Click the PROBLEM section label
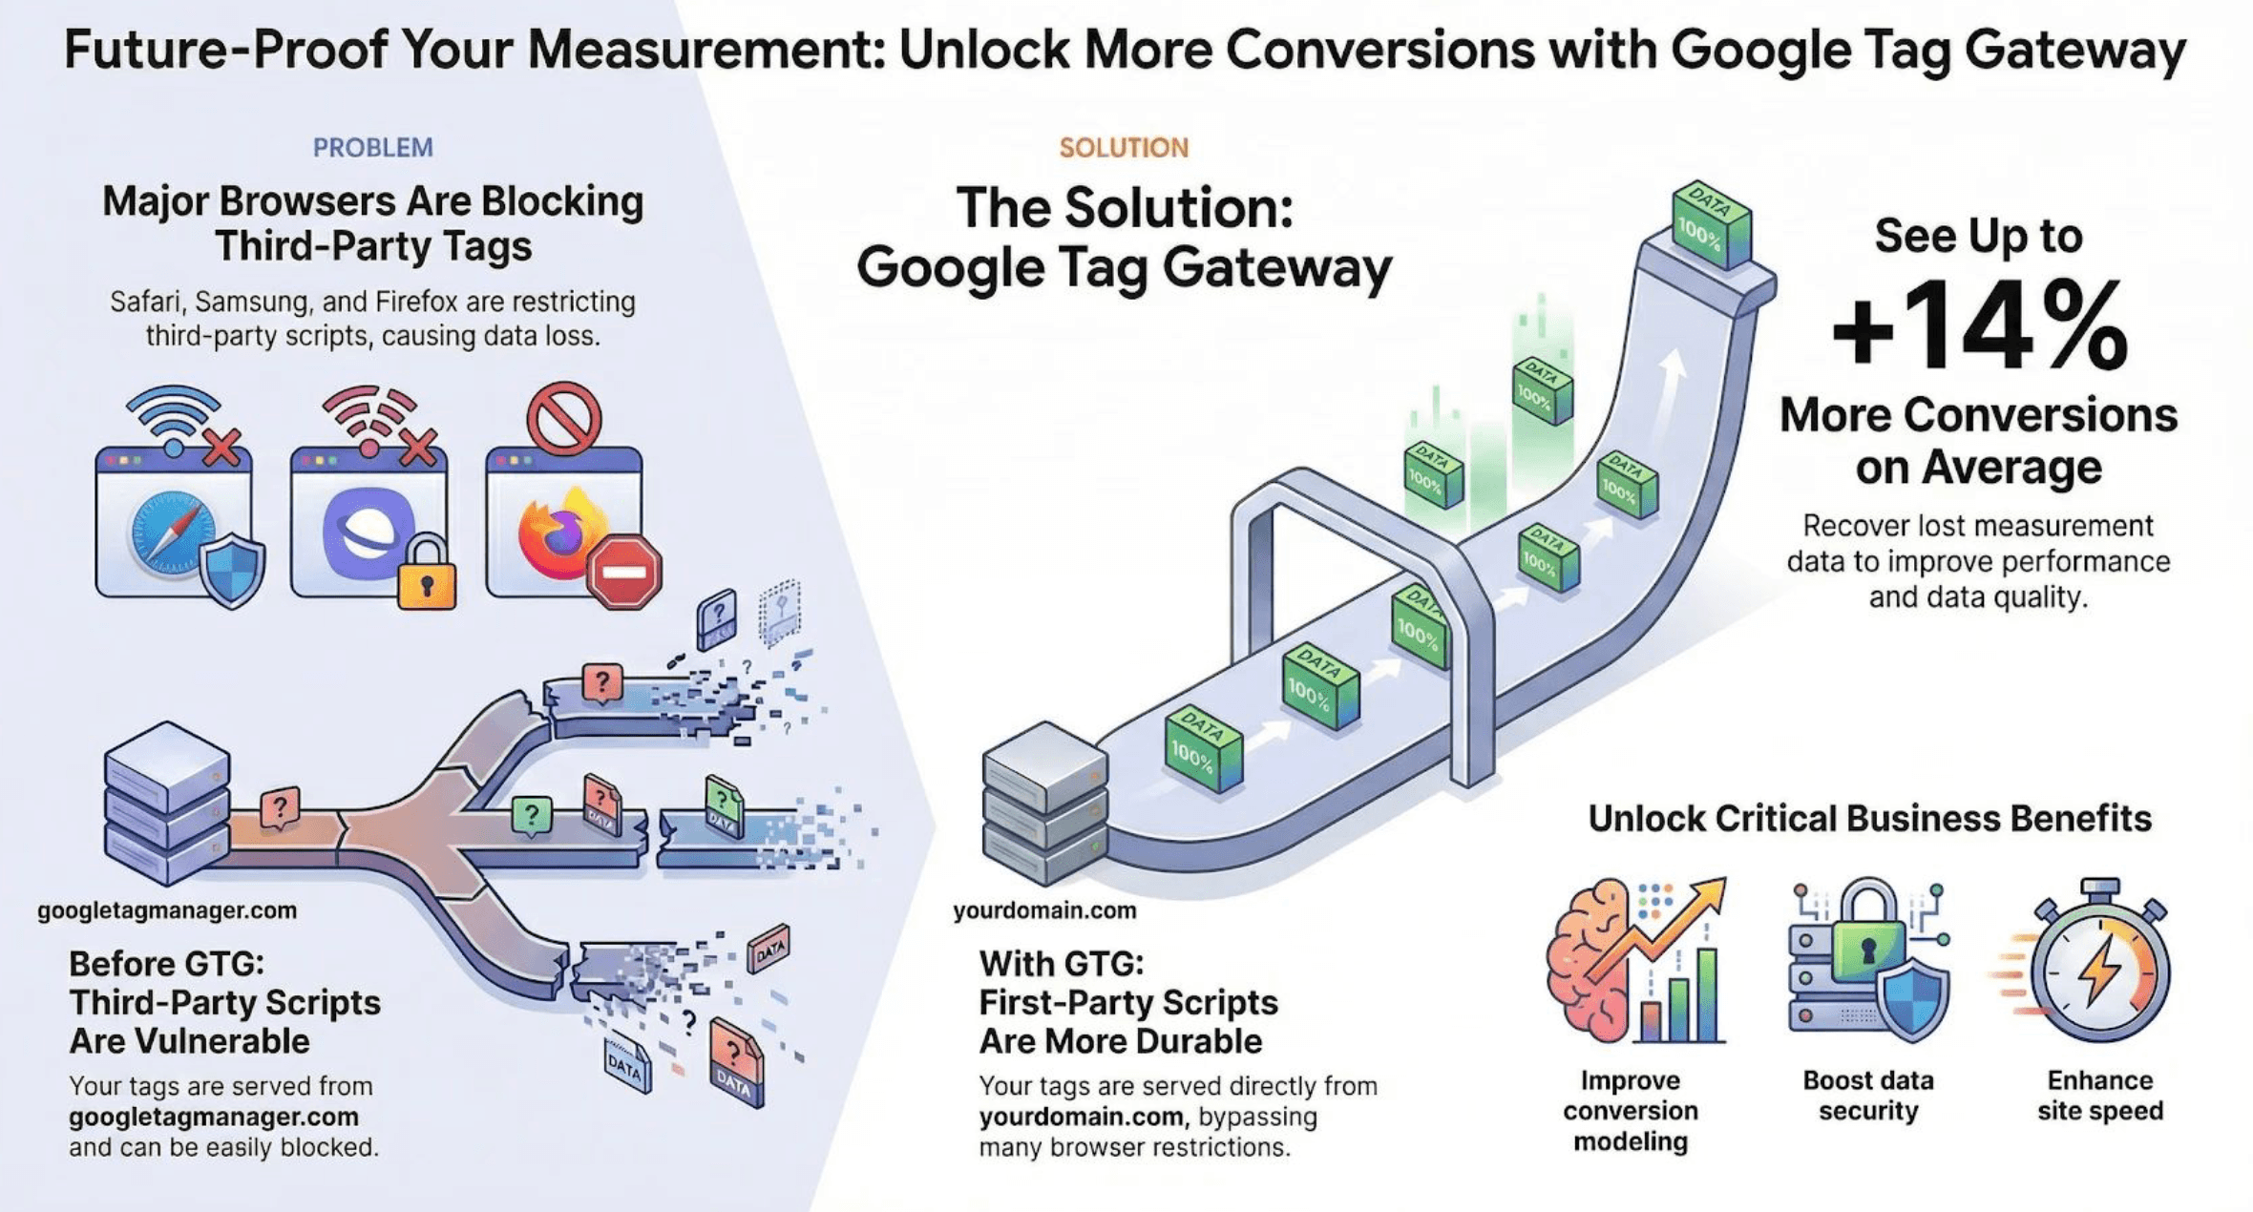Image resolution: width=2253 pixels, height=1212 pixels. [x=372, y=148]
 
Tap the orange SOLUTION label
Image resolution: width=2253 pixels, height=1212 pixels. [x=1124, y=148]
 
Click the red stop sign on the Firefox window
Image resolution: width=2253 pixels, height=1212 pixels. [x=624, y=572]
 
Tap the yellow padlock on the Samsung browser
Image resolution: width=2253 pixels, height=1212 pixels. [x=426, y=575]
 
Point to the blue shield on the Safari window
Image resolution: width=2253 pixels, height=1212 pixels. [x=232, y=571]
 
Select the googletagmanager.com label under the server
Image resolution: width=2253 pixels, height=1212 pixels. [x=167, y=910]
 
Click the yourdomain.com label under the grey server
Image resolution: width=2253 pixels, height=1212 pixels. [x=1044, y=910]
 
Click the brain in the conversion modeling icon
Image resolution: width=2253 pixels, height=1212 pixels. [x=1590, y=959]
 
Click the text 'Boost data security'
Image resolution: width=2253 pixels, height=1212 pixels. [x=1867, y=1096]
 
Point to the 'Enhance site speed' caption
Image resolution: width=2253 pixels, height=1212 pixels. [x=2099, y=1096]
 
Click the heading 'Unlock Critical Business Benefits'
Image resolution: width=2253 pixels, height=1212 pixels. [x=1869, y=819]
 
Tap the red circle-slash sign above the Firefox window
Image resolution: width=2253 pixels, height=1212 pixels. [x=563, y=418]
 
